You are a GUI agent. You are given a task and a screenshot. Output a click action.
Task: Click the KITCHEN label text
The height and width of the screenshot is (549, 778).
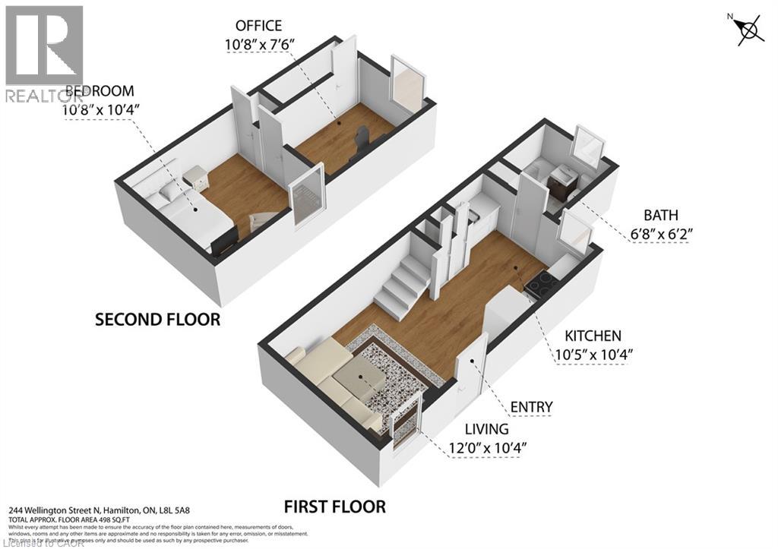[593, 336]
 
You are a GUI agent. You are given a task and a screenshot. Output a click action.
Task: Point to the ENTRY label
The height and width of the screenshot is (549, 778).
[531, 408]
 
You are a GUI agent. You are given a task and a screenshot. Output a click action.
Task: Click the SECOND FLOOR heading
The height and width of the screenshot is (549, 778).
[157, 320]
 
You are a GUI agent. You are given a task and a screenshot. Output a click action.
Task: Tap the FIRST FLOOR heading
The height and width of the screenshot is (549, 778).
[334, 506]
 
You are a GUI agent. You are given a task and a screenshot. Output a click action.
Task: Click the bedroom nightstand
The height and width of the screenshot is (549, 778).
[195, 178]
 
